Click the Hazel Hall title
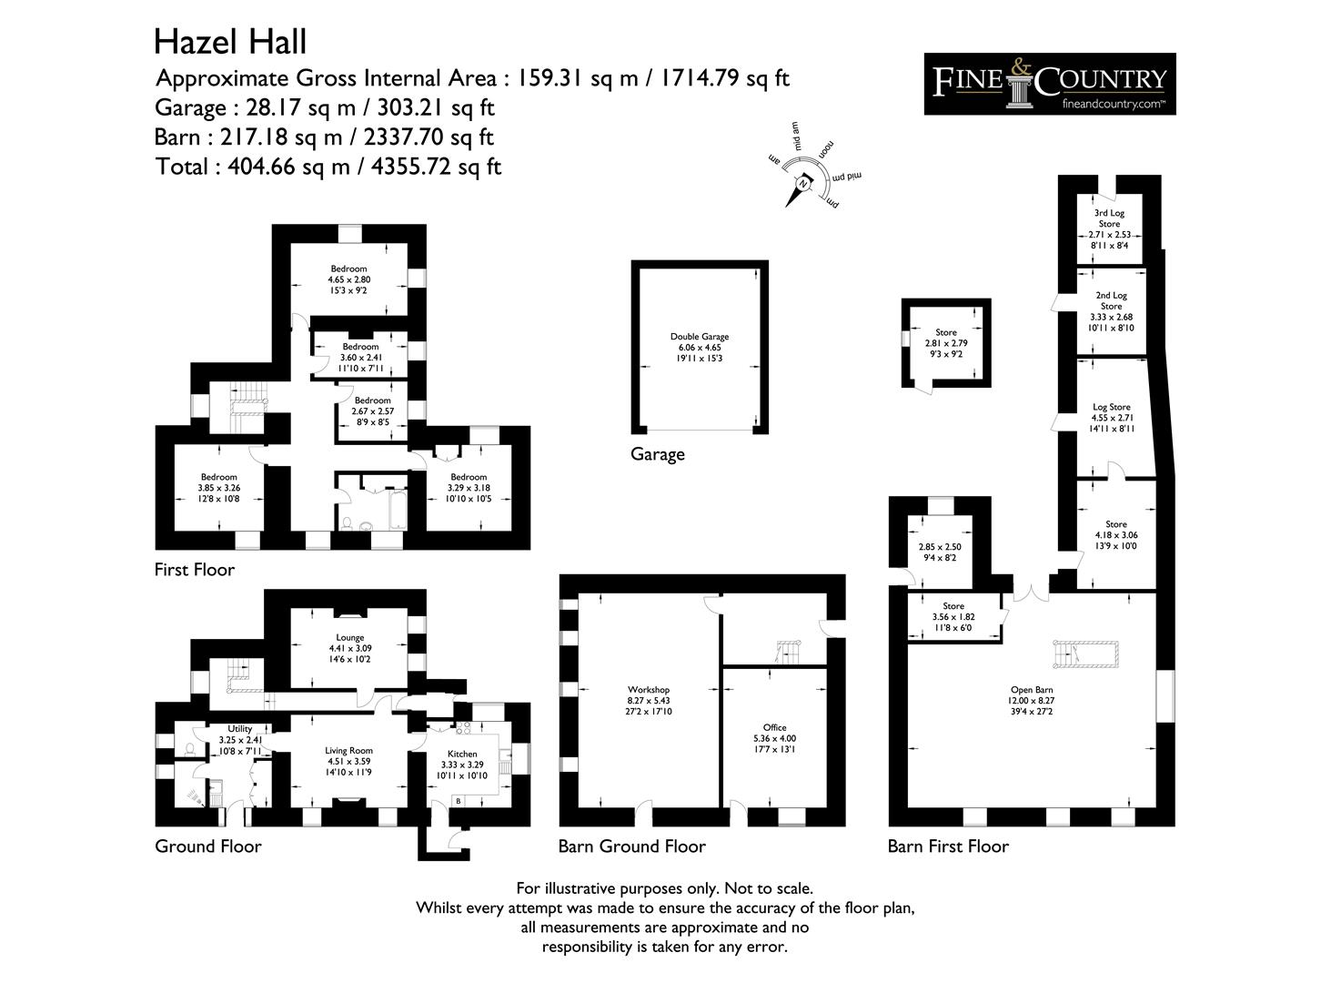coord(230,42)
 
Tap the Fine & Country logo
coord(1049,84)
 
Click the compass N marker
coord(803,184)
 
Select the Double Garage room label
coord(699,337)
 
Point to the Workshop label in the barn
coord(649,690)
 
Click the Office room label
coord(774,727)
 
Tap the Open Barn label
coord(1031,690)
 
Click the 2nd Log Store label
coord(1111,301)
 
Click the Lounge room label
coord(349,638)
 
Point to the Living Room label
coord(349,751)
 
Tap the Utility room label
coord(240,729)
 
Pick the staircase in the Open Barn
coord(1084,654)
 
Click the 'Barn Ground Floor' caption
coord(631,846)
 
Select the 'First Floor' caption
coord(195,570)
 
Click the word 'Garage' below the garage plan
coord(657,454)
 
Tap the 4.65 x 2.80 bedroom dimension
coord(349,279)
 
